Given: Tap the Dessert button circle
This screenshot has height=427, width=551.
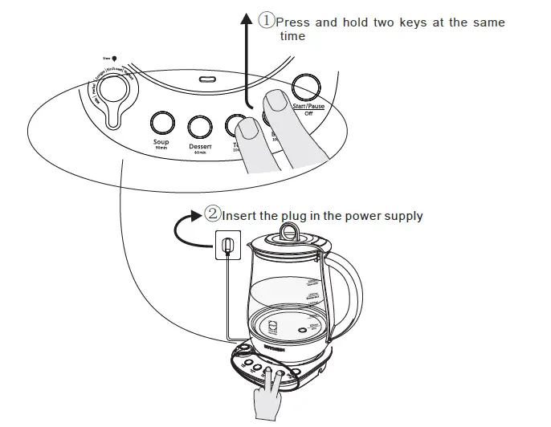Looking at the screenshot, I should click(198, 127).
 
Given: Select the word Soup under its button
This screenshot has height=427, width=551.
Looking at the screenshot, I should click(161, 142).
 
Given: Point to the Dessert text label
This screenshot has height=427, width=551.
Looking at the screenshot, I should click(200, 147).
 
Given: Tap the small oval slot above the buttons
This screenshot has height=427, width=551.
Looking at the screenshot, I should click(208, 79).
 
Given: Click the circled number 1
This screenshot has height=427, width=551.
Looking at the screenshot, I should click(267, 22).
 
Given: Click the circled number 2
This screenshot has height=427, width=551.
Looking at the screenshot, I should click(213, 214).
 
